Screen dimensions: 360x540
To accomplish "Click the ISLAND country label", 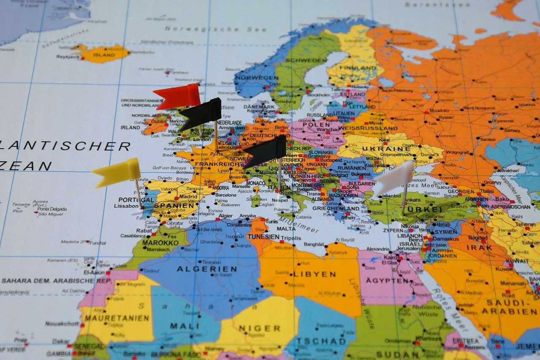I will tap(104, 55).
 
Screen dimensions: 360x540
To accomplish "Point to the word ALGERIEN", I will tap(207, 269).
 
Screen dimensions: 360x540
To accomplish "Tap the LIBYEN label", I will tap(314, 274).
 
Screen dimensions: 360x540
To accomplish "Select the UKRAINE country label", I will tap(392, 149).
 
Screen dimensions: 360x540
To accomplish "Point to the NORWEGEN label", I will tap(256, 78).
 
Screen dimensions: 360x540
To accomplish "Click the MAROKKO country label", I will tap(160, 243).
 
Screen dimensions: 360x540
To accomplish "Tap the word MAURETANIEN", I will tap(115, 318).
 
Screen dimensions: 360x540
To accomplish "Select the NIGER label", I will tap(259, 328).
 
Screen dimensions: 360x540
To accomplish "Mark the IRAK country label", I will tap(479, 248).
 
